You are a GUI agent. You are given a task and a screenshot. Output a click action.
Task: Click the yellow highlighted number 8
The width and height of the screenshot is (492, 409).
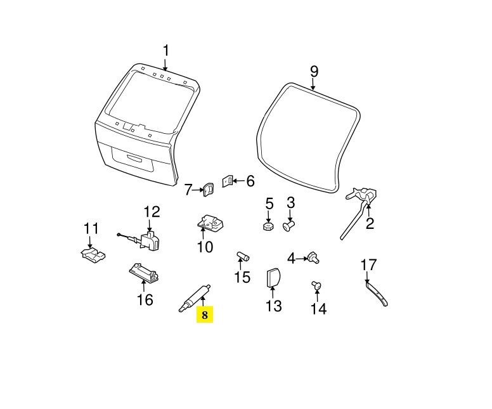pos(205,315)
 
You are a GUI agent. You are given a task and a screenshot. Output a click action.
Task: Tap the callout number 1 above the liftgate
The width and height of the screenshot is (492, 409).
pos(165,51)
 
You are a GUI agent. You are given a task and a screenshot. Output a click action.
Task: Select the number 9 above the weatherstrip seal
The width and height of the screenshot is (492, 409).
pos(314,72)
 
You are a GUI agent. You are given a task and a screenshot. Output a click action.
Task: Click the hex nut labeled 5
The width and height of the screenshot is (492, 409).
pos(268,226)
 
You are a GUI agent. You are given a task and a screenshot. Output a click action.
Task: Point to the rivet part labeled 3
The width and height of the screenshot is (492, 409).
pos(289,226)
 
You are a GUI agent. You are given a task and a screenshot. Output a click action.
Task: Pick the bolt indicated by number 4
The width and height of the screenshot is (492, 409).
pos(314,257)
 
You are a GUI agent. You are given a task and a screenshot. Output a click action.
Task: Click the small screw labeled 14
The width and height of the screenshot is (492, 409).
pos(316,285)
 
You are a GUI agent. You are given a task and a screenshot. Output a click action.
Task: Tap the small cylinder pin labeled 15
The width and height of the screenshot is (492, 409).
pos(243,256)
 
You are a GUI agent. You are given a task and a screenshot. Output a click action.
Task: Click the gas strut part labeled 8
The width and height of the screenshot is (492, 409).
pos(195,298)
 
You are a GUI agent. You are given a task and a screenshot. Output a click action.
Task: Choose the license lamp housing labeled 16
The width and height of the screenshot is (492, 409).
pos(145,272)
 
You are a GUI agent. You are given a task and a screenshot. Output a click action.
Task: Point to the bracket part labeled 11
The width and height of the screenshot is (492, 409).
pos(92,254)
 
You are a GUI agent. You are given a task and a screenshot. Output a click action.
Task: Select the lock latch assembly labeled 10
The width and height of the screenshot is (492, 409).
pos(210,224)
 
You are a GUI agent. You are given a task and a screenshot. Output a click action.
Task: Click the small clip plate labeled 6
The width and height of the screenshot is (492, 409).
pos(228,181)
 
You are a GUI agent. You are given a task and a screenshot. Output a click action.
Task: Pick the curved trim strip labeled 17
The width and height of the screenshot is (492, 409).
pos(377,294)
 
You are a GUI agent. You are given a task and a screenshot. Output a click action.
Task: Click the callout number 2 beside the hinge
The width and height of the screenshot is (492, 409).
pos(370,223)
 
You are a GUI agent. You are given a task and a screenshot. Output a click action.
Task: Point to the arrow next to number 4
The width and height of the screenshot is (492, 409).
pos(302,259)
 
